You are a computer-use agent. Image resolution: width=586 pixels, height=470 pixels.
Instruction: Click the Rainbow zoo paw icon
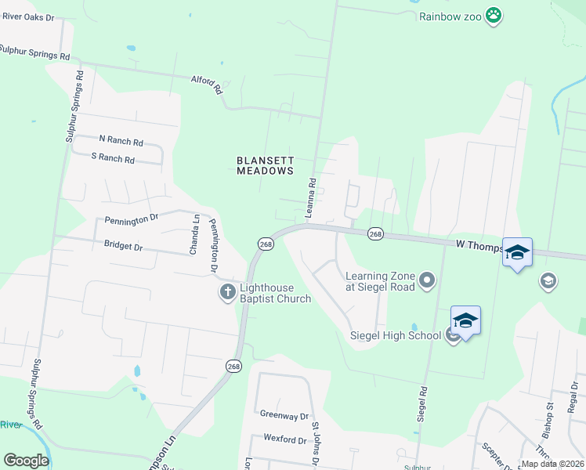tap(493, 15)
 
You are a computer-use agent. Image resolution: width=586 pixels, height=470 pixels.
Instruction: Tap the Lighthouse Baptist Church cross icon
tap(227, 292)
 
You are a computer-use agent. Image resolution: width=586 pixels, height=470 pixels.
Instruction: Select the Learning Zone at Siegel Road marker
tap(427, 280)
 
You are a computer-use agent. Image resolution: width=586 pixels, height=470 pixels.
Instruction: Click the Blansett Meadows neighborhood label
tap(265, 165)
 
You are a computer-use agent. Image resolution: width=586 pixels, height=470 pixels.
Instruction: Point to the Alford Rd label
tap(208, 84)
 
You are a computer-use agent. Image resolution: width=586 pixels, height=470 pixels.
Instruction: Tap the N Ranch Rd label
tap(121, 141)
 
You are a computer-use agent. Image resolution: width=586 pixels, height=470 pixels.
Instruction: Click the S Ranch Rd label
tap(113, 158)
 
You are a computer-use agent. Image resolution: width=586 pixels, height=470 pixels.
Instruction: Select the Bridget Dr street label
tap(123, 245)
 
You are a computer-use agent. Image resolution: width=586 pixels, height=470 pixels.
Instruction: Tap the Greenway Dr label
tap(284, 415)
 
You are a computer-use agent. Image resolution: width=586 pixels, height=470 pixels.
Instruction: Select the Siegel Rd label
tap(423, 400)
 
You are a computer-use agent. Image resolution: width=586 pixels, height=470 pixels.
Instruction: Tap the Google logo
tap(26, 461)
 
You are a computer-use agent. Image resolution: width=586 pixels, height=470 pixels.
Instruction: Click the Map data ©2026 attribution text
tap(552, 464)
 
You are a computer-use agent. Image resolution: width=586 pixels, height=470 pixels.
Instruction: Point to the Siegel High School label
tap(394, 336)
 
